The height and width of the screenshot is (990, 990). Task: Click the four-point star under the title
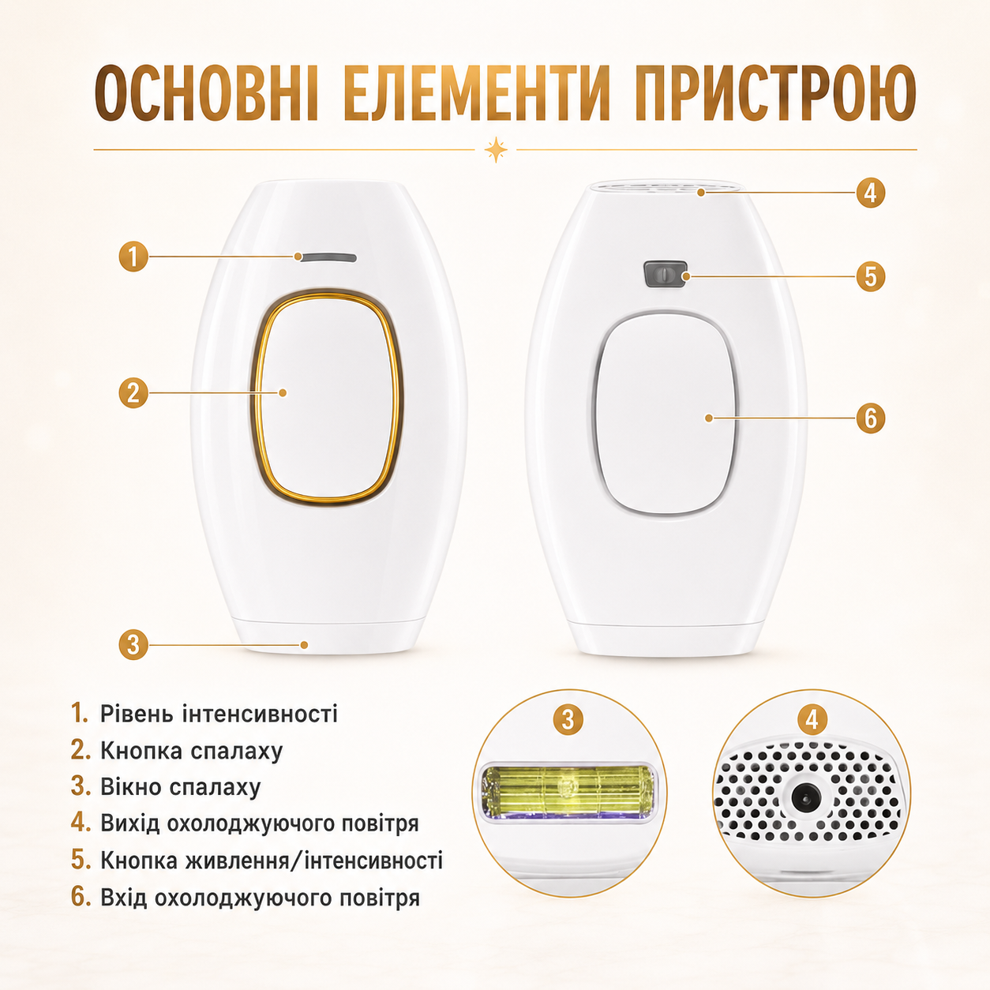pos(496,150)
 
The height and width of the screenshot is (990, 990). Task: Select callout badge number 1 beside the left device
pos(133,257)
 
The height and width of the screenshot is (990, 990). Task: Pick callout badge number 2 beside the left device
pos(133,393)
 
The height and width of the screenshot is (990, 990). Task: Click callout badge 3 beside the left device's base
pos(133,645)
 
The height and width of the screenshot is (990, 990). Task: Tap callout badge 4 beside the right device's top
pos(870,193)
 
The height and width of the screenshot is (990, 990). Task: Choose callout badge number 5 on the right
pos(870,277)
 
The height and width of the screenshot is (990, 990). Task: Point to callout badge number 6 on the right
pos(870,418)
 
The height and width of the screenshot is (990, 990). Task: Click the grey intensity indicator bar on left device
pos(327,257)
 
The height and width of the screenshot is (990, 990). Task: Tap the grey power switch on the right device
pos(665,274)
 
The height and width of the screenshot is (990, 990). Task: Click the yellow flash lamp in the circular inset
pos(568,792)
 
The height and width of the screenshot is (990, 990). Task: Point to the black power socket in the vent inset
pos(805,798)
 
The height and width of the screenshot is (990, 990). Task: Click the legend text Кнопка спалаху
pos(192,751)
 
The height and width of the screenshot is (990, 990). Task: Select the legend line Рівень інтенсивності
pos(219,714)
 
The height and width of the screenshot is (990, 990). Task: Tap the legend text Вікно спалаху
pos(180,787)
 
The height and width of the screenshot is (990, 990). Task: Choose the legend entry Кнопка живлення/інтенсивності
pos(272,860)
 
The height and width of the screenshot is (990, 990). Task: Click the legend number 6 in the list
pos(81,897)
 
